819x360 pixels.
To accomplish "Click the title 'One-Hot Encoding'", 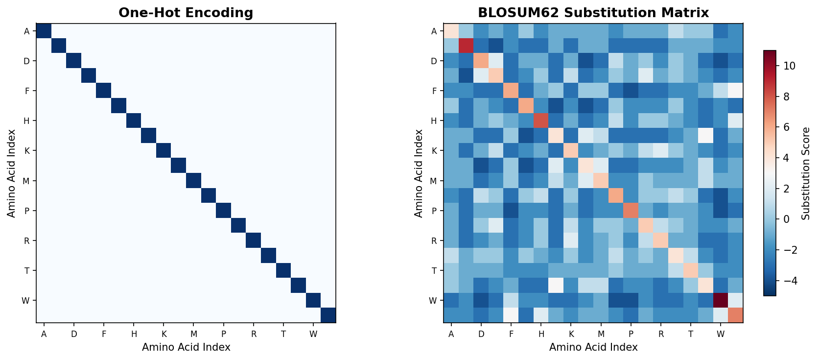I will pyautogui.click(x=186, y=13).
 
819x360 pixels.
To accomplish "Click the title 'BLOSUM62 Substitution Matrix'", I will pyautogui.click(x=593, y=13).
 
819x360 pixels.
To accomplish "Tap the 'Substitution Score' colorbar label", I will pyautogui.click(x=806, y=173).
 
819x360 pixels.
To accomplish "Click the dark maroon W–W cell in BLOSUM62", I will pyautogui.click(x=720, y=300).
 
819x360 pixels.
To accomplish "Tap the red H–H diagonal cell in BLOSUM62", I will pyautogui.click(x=540, y=120).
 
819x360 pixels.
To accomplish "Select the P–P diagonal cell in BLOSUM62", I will pyautogui.click(x=631, y=211).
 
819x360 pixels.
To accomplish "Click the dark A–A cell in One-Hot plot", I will pyautogui.click(x=44, y=31).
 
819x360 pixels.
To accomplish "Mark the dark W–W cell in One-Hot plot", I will pyautogui.click(x=313, y=300).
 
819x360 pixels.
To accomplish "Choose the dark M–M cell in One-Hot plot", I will pyautogui.click(x=193, y=181).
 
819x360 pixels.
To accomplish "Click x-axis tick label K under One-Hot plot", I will pyautogui.click(x=164, y=335).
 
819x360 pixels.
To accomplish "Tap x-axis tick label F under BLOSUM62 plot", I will pyautogui.click(x=511, y=335).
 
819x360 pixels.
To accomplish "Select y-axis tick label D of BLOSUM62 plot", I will pyautogui.click(x=433, y=61).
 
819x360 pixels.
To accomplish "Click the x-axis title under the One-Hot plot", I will pyautogui.click(x=186, y=347).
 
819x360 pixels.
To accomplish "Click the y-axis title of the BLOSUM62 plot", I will pyautogui.click(x=419, y=173).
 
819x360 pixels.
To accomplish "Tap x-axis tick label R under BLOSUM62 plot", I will pyautogui.click(x=661, y=335).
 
